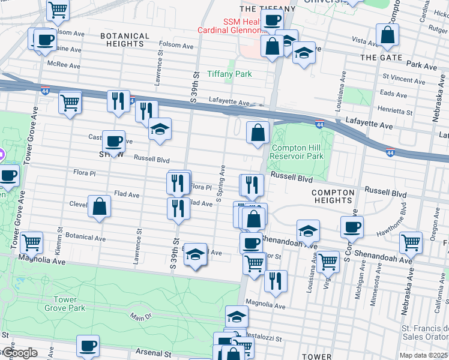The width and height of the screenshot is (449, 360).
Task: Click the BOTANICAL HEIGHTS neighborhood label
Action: pyautogui.click(x=124, y=40)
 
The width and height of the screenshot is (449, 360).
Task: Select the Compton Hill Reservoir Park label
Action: pyautogui.click(x=297, y=152)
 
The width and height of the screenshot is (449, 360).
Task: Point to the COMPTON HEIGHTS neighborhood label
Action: pyautogui.click(x=333, y=200)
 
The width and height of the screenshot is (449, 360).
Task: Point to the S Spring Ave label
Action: pyautogui.click(x=223, y=180)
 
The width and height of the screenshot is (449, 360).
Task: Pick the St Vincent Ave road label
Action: pyautogui.click(x=404, y=80)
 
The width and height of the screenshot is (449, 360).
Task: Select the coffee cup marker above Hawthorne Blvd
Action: pyautogui.click(x=352, y=227)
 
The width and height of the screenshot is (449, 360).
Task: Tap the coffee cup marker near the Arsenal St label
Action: pyautogui.click(x=88, y=346)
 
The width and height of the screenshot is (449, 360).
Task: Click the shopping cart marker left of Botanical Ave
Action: pyautogui.click(x=31, y=242)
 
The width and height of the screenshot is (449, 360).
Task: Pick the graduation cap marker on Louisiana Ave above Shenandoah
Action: pyautogui.click(x=308, y=230)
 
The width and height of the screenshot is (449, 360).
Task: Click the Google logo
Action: pyautogui.click(x=19, y=352)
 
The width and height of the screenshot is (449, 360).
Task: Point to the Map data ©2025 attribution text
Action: pyautogui.click(x=423, y=355)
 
